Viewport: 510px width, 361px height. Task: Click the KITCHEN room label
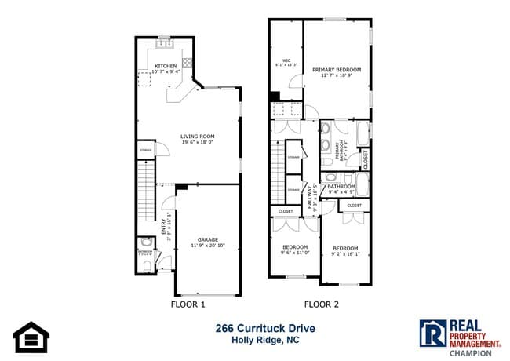(x=166, y=67)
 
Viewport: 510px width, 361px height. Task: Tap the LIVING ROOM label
(x=198, y=137)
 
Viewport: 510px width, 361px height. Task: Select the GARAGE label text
(x=207, y=240)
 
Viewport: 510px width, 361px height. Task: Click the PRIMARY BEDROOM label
(x=334, y=70)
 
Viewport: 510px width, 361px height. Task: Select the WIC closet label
(x=286, y=60)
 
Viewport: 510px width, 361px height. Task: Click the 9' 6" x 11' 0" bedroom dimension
(x=296, y=253)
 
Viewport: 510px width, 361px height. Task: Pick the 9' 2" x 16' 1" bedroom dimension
(x=345, y=253)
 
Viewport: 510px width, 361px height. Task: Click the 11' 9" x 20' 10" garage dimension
(x=207, y=246)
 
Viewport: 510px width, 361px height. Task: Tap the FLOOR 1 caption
(x=188, y=304)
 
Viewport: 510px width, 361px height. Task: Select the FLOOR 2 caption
(x=321, y=304)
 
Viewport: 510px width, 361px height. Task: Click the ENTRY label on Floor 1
(x=164, y=225)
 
